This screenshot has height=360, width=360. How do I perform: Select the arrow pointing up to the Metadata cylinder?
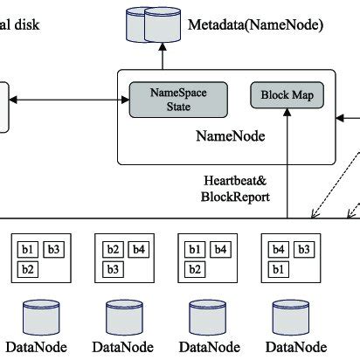(x=161, y=58)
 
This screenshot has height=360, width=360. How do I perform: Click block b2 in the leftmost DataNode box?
(x=29, y=268)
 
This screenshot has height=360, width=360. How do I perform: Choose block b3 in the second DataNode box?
(x=114, y=268)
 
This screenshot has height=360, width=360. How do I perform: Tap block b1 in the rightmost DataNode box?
(x=279, y=268)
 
